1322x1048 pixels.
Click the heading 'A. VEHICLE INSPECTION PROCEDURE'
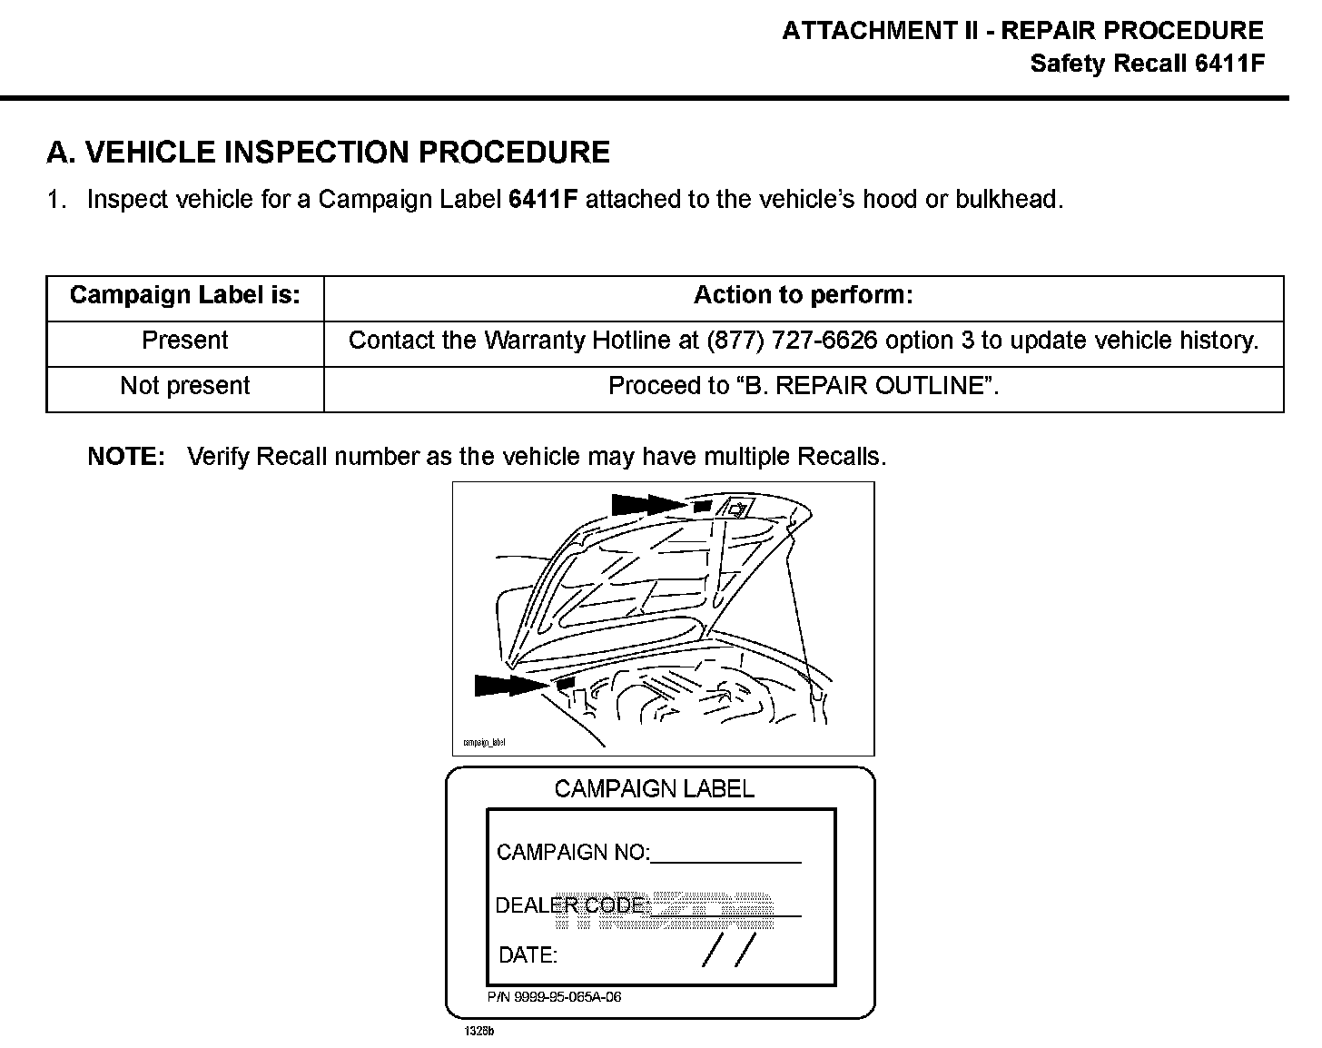(x=328, y=153)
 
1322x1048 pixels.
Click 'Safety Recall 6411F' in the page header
(x=1147, y=64)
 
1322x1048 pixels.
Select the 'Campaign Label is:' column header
(x=184, y=295)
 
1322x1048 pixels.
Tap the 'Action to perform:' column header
(x=803, y=295)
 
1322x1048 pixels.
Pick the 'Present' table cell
(x=184, y=341)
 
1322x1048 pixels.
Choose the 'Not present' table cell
(x=184, y=386)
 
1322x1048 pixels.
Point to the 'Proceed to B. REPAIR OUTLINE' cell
(x=803, y=386)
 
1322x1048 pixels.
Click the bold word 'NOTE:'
(x=126, y=456)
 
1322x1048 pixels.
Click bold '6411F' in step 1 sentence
(x=543, y=200)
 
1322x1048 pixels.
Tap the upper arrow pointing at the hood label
(x=649, y=504)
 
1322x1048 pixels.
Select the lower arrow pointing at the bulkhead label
(x=512, y=685)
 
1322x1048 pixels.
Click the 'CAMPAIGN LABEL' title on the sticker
(x=654, y=788)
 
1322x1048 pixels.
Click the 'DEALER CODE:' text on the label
(x=572, y=905)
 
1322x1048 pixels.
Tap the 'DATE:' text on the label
(x=528, y=955)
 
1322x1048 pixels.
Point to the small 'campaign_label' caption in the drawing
(x=484, y=742)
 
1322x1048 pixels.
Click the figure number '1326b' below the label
(x=478, y=1032)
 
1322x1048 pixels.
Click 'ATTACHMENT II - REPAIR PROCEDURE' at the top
(x=1022, y=31)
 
